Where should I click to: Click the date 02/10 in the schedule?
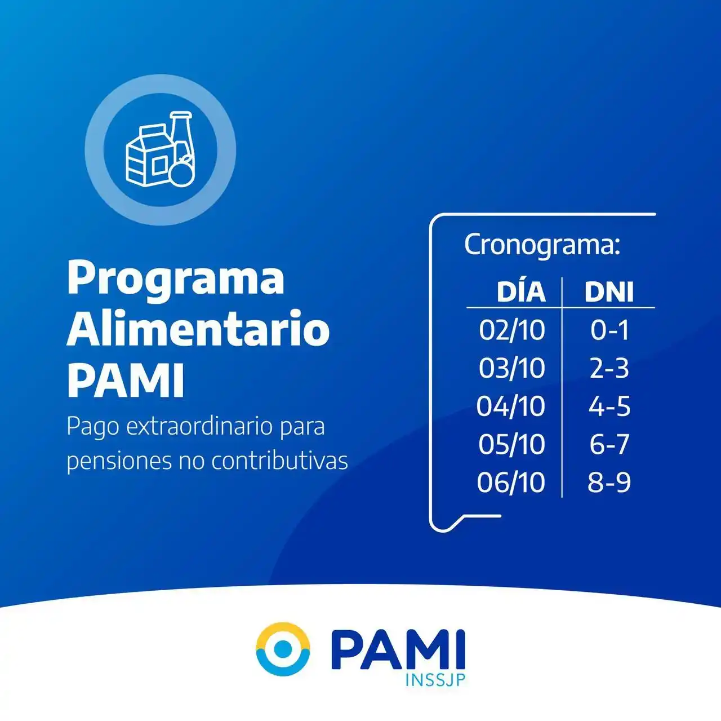coord(512,330)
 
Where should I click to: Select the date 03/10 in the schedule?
coord(512,368)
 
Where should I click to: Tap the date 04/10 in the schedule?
coord(511,406)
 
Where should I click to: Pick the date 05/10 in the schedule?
coord(512,444)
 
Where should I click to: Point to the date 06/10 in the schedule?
coord(511,483)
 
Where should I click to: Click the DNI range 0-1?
coord(609,330)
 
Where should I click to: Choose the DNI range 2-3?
coord(609,368)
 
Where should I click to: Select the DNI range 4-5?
coord(609,406)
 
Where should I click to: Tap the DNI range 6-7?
coord(609,444)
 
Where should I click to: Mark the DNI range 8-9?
coord(609,483)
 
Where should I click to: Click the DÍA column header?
coord(521,291)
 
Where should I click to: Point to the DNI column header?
coord(609,292)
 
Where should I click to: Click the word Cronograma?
coord(542,245)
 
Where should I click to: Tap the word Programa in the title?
coord(176,279)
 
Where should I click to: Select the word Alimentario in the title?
coord(198,329)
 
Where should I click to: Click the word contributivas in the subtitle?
coord(279,461)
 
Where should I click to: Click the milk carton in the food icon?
coord(148,158)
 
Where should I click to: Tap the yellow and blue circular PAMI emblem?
coord(283,649)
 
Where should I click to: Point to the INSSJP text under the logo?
coord(435,680)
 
